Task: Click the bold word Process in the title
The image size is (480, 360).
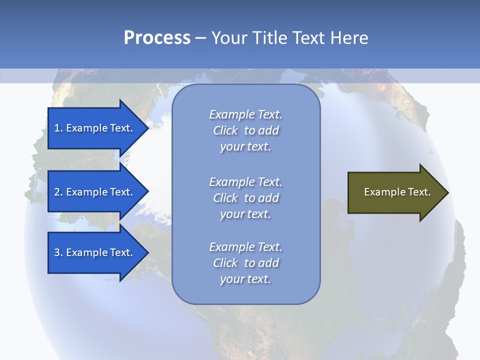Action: (x=157, y=38)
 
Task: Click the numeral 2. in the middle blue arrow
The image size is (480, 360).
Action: (x=58, y=192)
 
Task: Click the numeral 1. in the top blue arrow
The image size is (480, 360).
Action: (x=58, y=128)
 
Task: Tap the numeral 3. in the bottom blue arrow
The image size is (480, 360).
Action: (x=58, y=252)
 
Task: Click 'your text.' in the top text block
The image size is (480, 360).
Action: (x=245, y=147)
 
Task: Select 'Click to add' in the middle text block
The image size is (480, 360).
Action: (x=246, y=198)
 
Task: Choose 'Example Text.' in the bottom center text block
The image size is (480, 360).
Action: (x=246, y=247)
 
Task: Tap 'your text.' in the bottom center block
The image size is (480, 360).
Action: (x=245, y=279)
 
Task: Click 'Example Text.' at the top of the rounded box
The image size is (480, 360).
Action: (x=246, y=114)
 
